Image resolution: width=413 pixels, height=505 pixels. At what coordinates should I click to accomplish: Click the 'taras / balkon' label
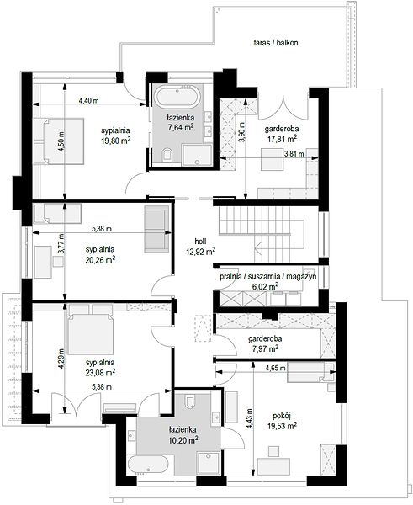[x=276, y=43]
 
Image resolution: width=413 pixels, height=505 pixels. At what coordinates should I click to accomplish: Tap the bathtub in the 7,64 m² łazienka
[x=177, y=97]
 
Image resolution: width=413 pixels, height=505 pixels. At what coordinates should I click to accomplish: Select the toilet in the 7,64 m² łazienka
[x=167, y=155]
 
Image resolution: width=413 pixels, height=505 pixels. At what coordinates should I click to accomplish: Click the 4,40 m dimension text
[x=89, y=100]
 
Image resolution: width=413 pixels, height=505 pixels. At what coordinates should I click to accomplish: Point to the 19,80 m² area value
[x=116, y=140]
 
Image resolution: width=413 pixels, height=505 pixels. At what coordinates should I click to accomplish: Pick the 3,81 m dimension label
[x=294, y=154]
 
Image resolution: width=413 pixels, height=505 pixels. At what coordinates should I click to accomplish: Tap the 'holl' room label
[x=200, y=242]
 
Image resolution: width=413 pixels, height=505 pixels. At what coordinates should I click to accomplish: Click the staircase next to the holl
[x=262, y=234]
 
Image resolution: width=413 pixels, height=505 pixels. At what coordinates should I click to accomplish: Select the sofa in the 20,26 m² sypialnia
[x=156, y=229]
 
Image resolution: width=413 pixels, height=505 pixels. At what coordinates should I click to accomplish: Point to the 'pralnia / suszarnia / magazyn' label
[x=267, y=277]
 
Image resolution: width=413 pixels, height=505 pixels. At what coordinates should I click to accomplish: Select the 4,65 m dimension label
[x=276, y=368]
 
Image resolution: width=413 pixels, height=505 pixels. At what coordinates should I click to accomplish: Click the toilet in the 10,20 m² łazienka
[x=189, y=401]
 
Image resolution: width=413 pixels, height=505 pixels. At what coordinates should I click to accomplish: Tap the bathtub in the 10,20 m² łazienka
[x=148, y=465]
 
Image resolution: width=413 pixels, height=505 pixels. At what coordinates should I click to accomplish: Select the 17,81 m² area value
[x=282, y=139]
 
